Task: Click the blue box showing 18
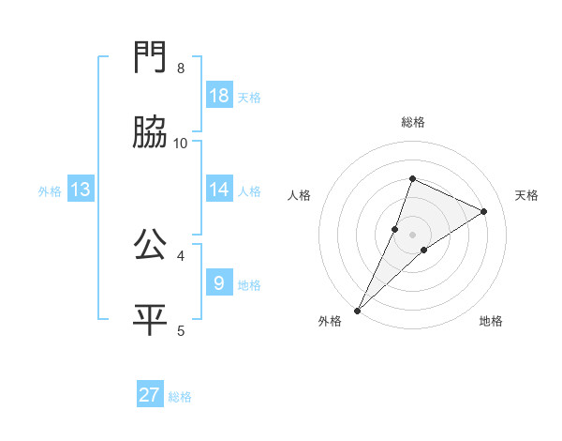(218, 96)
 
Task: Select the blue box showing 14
(218, 190)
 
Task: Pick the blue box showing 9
(218, 282)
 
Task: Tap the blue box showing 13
(81, 190)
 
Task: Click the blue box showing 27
(150, 395)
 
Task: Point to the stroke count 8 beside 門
(180, 68)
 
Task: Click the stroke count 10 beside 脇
(181, 144)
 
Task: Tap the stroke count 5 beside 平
(180, 330)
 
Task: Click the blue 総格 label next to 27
(180, 397)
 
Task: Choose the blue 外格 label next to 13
(50, 190)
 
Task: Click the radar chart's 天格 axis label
(527, 195)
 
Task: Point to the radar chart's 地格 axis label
(491, 321)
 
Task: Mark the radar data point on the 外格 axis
(357, 310)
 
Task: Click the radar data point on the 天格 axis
(484, 212)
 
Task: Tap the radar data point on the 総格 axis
(412, 178)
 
